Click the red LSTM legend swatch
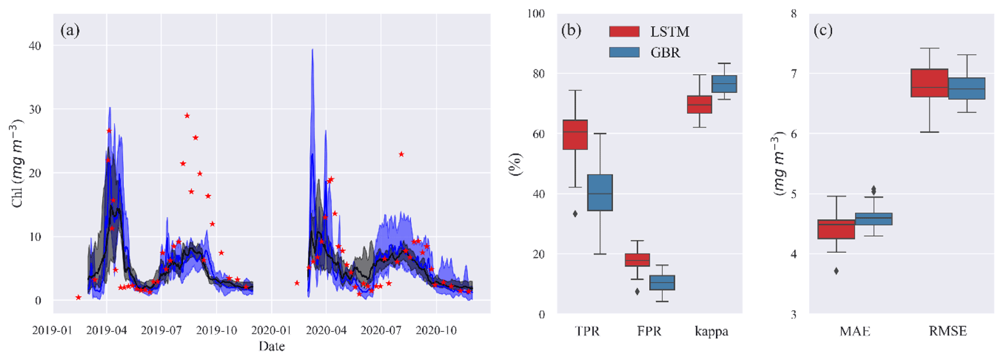pos(624,32)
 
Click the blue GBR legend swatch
pos(624,52)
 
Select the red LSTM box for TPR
pos(575,134)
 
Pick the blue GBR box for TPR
pos(600,193)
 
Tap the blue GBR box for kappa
pos(724,84)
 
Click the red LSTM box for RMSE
pos(929,83)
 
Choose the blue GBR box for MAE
pos(873,219)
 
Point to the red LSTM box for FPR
pos(637,260)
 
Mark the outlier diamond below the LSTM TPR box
pos(575,213)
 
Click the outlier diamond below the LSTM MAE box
pos(837,271)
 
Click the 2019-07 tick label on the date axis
pos(162,331)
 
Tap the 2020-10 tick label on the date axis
pos(436,331)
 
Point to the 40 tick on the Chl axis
pos(35,46)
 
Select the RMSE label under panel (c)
pos(948,331)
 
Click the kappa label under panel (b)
pos(711,331)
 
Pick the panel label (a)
pos(70,31)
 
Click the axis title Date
pos(271,346)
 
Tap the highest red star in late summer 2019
pos(187,115)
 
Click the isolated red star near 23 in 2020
pos(401,154)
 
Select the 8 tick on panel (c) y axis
pos(794,14)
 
